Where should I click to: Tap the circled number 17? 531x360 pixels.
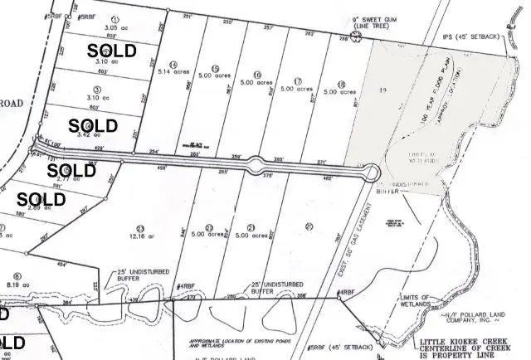296,80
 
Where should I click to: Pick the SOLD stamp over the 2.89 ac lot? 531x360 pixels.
41,199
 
